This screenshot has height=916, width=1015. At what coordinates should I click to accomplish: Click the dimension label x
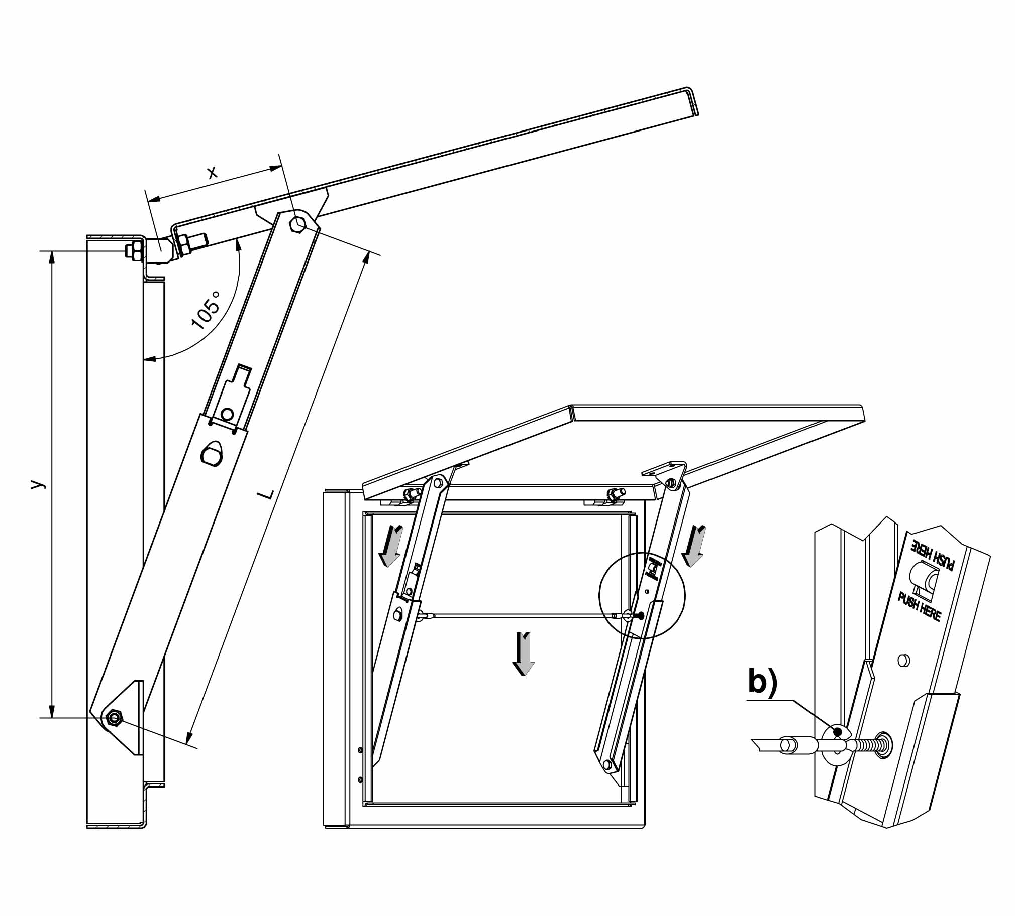[x=213, y=172]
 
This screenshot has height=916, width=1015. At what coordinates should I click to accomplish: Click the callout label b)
[x=763, y=682]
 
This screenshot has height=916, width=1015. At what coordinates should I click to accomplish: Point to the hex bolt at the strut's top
[x=299, y=224]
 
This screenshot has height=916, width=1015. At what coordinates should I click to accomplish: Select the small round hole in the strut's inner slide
[x=227, y=414]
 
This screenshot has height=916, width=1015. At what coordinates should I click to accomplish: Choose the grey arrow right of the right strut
[x=695, y=545]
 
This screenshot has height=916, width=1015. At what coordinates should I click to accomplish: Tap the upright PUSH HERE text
[x=920, y=607]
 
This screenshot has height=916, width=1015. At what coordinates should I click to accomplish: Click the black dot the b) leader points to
[x=837, y=731]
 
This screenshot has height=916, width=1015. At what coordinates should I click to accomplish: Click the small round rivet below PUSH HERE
[x=903, y=660]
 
